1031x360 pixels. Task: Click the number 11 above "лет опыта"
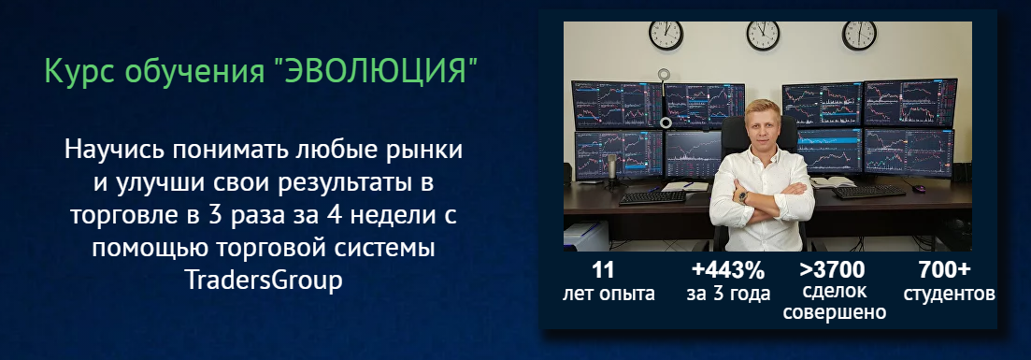coord(603,271)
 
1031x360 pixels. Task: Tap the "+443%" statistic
coord(728,271)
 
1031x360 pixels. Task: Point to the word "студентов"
coord(948,294)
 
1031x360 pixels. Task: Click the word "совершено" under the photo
coord(835,313)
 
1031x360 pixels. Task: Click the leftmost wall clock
coord(666,34)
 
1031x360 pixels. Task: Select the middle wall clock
coord(763,34)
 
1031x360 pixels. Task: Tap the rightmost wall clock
coord(859,34)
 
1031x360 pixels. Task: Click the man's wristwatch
coord(743,197)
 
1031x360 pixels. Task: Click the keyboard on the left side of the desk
coord(652,196)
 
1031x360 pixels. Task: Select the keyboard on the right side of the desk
coord(869,193)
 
